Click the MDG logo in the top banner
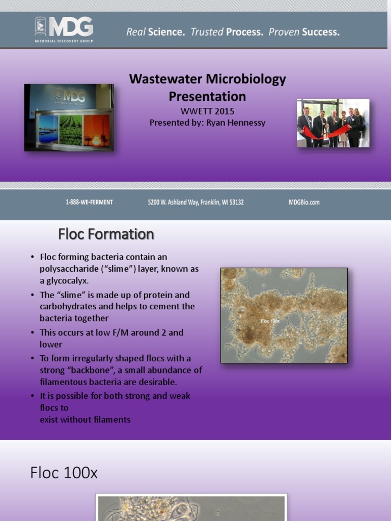[64, 30]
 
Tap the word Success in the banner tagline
[320, 32]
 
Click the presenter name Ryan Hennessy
[236, 123]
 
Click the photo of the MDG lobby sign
[69, 117]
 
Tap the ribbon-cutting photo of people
[333, 123]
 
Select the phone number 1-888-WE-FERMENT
[89, 202]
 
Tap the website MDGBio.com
[304, 202]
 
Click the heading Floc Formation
[106, 234]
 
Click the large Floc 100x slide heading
[64, 473]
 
